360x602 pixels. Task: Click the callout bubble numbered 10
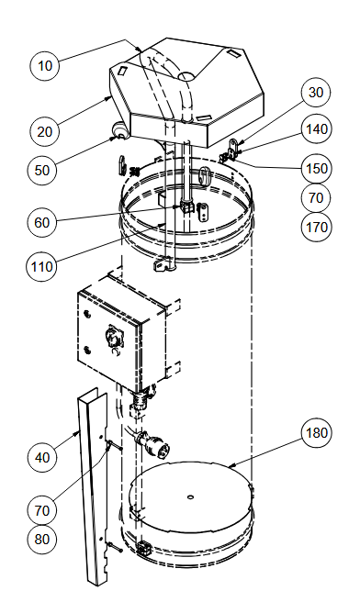click(x=45, y=65)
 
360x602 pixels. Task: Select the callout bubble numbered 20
click(x=45, y=132)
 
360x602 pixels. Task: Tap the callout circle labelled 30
click(x=315, y=93)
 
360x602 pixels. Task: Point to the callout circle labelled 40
click(x=42, y=457)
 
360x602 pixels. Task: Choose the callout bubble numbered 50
click(x=42, y=170)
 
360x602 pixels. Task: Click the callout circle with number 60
click(x=42, y=222)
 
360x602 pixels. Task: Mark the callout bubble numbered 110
click(x=41, y=266)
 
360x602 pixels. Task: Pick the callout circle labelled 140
click(x=316, y=129)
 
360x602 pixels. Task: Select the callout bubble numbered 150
click(x=316, y=168)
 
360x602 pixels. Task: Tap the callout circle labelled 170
click(x=316, y=227)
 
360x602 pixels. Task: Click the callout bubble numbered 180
click(x=316, y=433)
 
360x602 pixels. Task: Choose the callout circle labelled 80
click(x=42, y=539)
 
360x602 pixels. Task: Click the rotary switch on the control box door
click(x=114, y=337)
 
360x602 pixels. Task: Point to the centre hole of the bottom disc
click(x=190, y=497)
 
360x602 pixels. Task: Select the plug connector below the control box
click(x=152, y=443)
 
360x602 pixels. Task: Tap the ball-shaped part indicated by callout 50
click(x=120, y=129)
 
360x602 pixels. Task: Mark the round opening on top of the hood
click(x=186, y=76)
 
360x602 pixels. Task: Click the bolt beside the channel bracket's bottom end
click(x=115, y=548)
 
